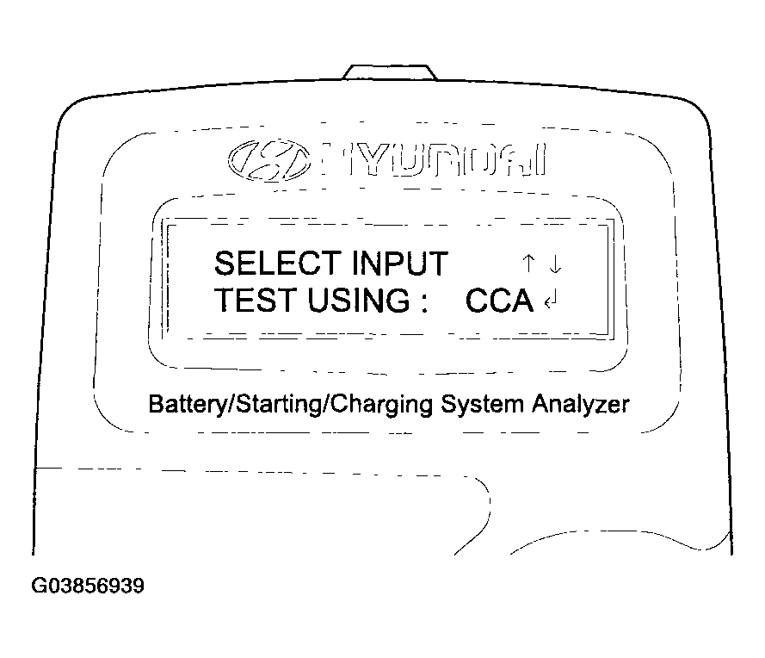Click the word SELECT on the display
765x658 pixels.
(278, 264)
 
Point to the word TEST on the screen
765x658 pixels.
(256, 300)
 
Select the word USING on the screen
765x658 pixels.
(359, 300)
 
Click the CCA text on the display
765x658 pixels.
(499, 301)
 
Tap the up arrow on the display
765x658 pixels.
(528, 264)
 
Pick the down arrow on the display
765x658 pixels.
(555, 264)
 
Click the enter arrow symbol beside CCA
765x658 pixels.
(551, 300)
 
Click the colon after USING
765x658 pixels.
(424, 302)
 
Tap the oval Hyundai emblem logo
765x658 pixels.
(269, 159)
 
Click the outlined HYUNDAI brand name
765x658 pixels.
(435, 159)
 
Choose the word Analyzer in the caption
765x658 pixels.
(581, 405)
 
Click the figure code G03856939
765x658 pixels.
(88, 586)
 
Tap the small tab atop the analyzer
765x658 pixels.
(390, 71)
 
